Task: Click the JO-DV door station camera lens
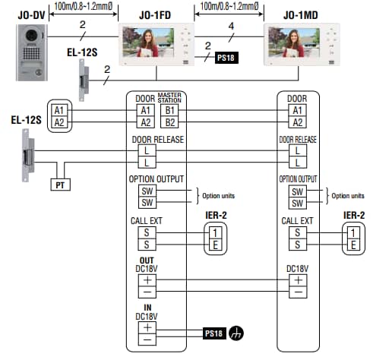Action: (32, 36)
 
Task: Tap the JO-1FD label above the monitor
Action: (155, 15)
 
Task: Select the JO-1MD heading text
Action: (301, 15)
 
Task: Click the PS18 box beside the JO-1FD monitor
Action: (226, 58)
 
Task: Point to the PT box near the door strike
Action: (60, 185)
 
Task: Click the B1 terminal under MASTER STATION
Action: (169, 110)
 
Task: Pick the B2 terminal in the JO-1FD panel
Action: (169, 122)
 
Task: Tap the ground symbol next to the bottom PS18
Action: (236, 333)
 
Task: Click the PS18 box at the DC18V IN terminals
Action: (214, 333)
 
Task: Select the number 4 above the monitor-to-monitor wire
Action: (231, 26)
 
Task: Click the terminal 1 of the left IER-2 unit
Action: (215, 232)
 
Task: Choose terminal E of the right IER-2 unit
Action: (353, 245)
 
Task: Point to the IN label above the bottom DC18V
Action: (147, 308)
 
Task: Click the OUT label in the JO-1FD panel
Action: (147, 261)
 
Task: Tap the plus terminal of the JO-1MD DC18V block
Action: (298, 280)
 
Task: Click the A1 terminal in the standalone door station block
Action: (59, 110)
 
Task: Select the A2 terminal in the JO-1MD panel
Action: (298, 122)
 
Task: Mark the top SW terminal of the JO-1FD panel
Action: (147, 191)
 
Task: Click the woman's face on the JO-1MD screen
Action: (294, 36)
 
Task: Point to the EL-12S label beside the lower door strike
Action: (26, 120)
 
